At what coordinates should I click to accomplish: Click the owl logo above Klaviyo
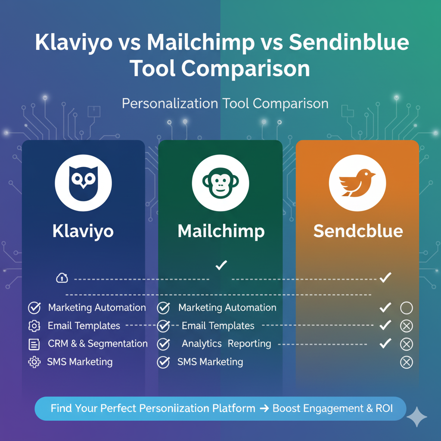pyautogui.click(x=83, y=183)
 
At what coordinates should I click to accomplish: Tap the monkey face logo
pyautogui.click(x=220, y=183)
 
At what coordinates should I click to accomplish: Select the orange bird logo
pyautogui.click(x=357, y=183)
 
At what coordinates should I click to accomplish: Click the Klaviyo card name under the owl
pyautogui.click(x=83, y=231)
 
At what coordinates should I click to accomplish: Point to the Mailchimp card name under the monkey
pyautogui.click(x=221, y=231)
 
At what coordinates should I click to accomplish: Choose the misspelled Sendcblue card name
pyautogui.click(x=358, y=231)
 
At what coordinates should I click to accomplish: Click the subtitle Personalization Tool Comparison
pyautogui.click(x=225, y=104)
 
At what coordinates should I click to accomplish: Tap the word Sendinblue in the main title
pyautogui.click(x=349, y=43)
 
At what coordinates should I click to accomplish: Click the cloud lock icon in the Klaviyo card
pyautogui.click(x=62, y=278)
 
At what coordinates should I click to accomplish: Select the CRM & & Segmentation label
pyautogui.click(x=98, y=344)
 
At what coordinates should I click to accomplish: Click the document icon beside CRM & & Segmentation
pyautogui.click(x=34, y=344)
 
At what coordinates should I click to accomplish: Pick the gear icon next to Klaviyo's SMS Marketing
pyautogui.click(x=34, y=362)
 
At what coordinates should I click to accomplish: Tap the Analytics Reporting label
pyautogui.click(x=227, y=344)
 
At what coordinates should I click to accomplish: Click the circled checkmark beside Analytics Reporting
pyautogui.click(x=163, y=344)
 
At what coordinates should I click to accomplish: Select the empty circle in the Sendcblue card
pyautogui.click(x=407, y=307)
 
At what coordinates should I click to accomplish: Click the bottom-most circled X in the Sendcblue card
pyautogui.click(x=407, y=362)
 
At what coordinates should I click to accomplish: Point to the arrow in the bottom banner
pyautogui.click(x=264, y=408)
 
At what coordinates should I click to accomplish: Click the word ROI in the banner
pyautogui.click(x=384, y=408)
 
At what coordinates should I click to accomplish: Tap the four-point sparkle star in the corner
pyautogui.click(x=417, y=416)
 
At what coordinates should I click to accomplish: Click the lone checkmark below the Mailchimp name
pyautogui.click(x=221, y=265)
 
